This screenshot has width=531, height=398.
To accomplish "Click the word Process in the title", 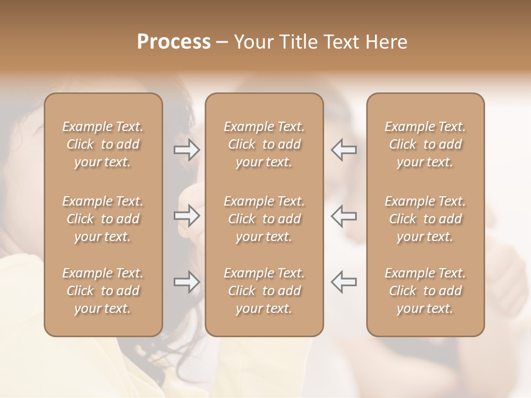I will click(174, 42).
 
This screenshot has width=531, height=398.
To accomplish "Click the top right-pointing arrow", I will click(186, 149).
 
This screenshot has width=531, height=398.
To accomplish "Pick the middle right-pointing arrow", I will click(186, 216).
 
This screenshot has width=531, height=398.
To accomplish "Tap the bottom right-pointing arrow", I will click(186, 282).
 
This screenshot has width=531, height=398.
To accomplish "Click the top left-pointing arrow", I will click(344, 149).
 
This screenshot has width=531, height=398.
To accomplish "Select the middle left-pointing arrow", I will click(344, 216).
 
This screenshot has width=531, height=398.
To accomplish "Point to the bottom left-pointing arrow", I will click(344, 282).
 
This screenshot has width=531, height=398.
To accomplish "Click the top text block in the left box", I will click(103, 144).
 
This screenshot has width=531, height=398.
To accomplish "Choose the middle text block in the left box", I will click(103, 219).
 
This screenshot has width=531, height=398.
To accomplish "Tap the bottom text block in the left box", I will click(103, 291).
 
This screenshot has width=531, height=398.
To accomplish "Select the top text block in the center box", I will click(264, 144).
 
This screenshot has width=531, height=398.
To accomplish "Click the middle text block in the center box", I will click(264, 219).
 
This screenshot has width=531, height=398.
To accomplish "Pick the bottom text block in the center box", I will click(264, 291).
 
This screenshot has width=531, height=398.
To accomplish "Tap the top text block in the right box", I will click(425, 144).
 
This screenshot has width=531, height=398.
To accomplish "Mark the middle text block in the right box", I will click(425, 219).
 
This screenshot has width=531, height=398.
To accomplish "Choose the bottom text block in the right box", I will click(425, 291).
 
